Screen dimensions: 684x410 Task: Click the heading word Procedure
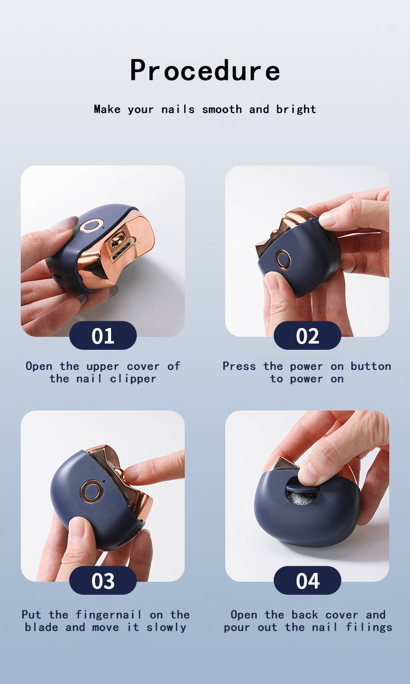[x=205, y=71]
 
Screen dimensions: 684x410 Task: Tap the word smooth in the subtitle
[x=222, y=110]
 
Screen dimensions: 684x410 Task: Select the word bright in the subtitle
[x=296, y=110]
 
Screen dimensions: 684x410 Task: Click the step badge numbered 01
[x=103, y=336]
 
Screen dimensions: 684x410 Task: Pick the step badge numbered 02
[x=307, y=336]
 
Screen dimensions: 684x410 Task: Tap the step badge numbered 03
[x=103, y=581]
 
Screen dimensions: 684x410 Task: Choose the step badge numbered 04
[x=307, y=581]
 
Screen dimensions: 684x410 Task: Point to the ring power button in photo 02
[x=284, y=259]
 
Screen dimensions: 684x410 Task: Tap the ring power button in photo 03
[x=92, y=491]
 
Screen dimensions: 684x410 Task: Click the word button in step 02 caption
[x=371, y=366]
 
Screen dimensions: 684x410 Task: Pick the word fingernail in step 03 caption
[x=108, y=615]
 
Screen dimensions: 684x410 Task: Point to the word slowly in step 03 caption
[x=166, y=627]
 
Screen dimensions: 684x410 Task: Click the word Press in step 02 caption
[x=239, y=366]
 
